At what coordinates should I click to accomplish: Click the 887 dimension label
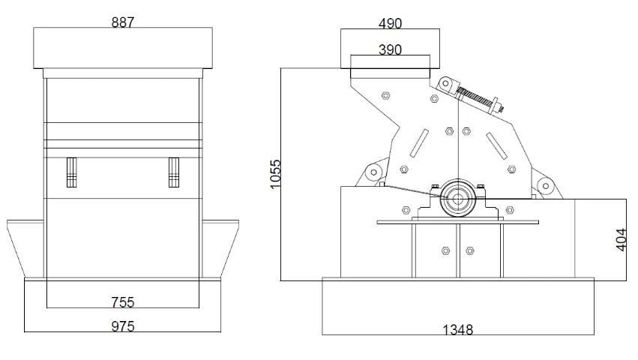pyautogui.click(x=122, y=22)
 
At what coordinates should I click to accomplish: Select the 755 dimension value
pyautogui.click(x=122, y=302)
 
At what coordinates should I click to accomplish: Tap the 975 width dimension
pyautogui.click(x=122, y=326)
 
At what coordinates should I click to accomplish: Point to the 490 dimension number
pyautogui.click(x=390, y=23)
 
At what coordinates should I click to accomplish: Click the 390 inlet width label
pyautogui.click(x=390, y=49)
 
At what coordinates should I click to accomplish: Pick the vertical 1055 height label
pyautogui.click(x=275, y=174)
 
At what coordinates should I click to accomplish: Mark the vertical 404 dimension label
pyautogui.click(x=621, y=240)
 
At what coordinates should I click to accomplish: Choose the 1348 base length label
pyautogui.click(x=458, y=329)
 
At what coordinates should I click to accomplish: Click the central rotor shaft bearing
pyautogui.click(x=458, y=199)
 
